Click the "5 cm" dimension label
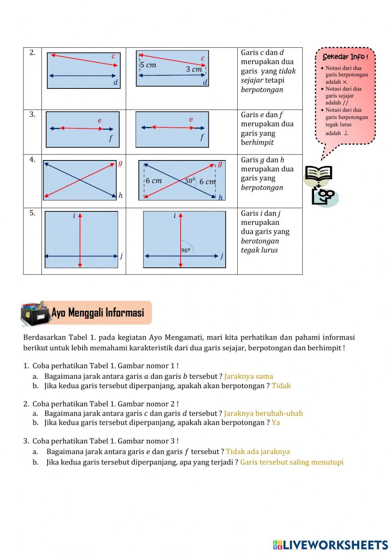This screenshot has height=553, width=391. [x=148, y=65]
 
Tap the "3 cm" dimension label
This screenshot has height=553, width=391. [x=194, y=69]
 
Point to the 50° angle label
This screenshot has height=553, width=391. [x=190, y=180]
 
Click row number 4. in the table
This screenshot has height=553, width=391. [x=32, y=159]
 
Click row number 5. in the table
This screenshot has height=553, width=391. [x=32, y=213]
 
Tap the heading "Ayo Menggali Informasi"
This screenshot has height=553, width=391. [x=98, y=313]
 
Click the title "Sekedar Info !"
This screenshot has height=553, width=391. [x=345, y=57]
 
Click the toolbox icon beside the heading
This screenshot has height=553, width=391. [x=35, y=313]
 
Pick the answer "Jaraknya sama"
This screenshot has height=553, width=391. [x=249, y=376]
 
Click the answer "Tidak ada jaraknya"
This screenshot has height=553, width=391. [x=258, y=451]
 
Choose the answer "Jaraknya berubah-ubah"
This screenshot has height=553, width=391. [x=264, y=413]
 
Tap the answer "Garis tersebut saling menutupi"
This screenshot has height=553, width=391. [x=292, y=462]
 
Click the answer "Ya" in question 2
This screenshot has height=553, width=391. [x=276, y=422]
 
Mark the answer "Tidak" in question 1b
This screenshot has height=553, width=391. [x=281, y=385]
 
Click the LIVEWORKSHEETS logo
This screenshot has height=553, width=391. [x=330, y=545]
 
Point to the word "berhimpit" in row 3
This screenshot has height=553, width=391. [x=257, y=142]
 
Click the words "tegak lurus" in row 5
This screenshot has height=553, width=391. [x=259, y=250]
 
